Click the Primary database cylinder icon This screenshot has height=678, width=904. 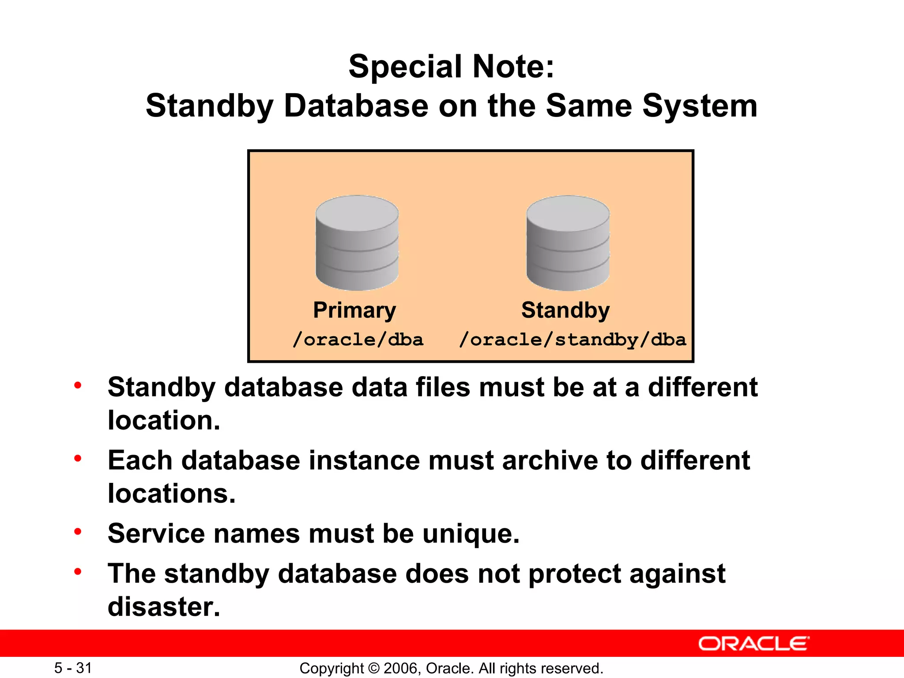[357, 243]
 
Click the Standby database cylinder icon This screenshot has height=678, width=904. [568, 243]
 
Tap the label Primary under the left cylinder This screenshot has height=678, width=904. [354, 310]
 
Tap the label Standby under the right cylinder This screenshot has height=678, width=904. [565, 310]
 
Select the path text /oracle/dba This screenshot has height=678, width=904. [358, 339]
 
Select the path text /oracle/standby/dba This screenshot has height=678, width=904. [573, 339]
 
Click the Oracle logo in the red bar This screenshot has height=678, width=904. [753, 644]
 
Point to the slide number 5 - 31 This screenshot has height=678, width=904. [73, 668]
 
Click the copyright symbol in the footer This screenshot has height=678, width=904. [374, 668]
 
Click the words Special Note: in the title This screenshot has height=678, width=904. [451, 67]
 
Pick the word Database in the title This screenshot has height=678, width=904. [356, 106]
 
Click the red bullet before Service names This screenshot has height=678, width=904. [78, 531]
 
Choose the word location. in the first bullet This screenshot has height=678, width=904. [164, 420]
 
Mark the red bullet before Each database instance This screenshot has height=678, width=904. [78, 459]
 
